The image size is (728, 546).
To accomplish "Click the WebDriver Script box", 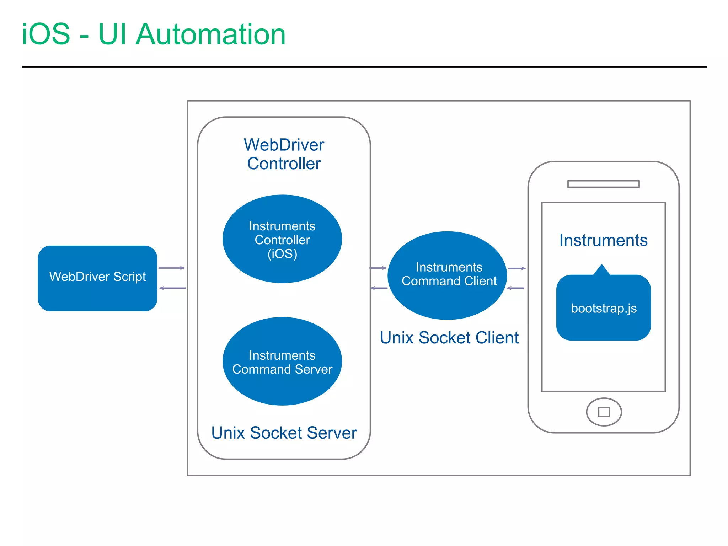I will pyautogui.click(x=97, y=278).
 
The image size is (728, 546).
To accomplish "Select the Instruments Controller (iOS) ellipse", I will pyautogui.click(x=282, y=239).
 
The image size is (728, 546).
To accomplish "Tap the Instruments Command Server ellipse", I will pyautogui.click(x=282, y=362).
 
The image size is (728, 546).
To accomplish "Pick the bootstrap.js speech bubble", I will pyautogui.click(x=603, y=308).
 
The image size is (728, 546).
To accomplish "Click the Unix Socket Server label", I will pyautogui.click(x=284, y=433).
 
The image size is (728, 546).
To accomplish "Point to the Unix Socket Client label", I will pyautogui.click(x=449, y=338).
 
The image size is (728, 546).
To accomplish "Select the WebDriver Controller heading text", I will pyautogui.click(x=284, y=154).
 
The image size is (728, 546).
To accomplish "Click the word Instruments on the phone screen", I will pyautogui.click(x=603, y=240).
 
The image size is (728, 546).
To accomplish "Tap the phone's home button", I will pyautogui.click(x=604, y=412).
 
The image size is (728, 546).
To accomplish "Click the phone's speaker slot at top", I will pyautogui.click(x=603, y=184).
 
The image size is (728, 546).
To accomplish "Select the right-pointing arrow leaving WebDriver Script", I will pyautogui.click(x=172, y=268).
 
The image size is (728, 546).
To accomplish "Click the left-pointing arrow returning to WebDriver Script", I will pyautogui.click(x=172, y=288).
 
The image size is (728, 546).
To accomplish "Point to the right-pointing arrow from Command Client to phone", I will pyautogui.click(x=517, y=268).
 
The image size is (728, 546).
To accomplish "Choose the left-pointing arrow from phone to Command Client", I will pyautogui.click(x=515, y=288).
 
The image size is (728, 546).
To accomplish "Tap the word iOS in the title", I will pyautogui.click(x=46, y=34).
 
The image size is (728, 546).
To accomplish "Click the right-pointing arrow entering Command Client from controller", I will pyautogui.click(x=379, y=268).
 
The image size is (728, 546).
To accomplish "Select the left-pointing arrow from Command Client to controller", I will pyautogui.click(x=379, y=288).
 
